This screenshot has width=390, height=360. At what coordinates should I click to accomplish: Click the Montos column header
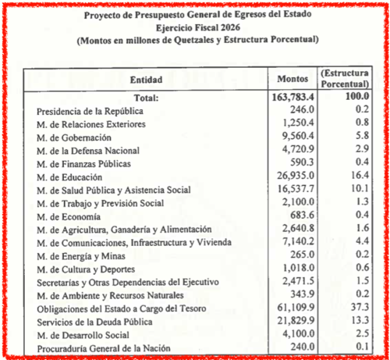292,78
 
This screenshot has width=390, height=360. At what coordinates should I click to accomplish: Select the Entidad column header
146,79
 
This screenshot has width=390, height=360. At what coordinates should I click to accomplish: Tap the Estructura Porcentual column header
344,78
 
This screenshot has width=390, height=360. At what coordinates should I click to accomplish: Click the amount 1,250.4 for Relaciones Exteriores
295,124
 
